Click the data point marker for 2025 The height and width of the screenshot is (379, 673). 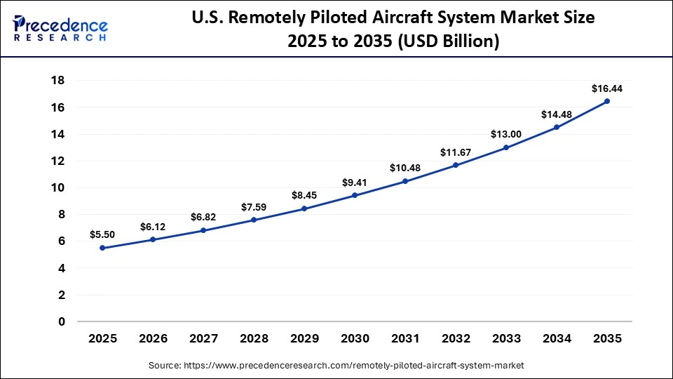[x=102, y=248]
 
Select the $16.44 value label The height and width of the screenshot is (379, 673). [x=606, y=88]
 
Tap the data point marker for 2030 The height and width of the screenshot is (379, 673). [x=355, y=195]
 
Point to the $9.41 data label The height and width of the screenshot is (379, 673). [x=355, y=182]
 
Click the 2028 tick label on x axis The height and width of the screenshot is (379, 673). [x=254, y=338]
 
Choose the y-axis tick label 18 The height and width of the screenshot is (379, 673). [x=58, y=81]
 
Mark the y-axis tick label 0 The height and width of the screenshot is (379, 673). [x=62, y=321]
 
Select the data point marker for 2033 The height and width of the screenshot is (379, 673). [x=506, y=147]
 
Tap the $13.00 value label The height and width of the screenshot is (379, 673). [x=506, y=134]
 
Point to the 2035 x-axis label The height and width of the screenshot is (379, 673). [x=607, y=338]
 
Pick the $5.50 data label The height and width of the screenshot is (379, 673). [x=102, y=234]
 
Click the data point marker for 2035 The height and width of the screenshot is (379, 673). [x=607, y=101]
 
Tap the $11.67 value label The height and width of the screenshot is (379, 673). [x=456, y=152]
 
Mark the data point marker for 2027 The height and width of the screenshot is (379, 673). [x=203, y=230]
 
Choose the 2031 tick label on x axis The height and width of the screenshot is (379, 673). [x=405, y=338]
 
